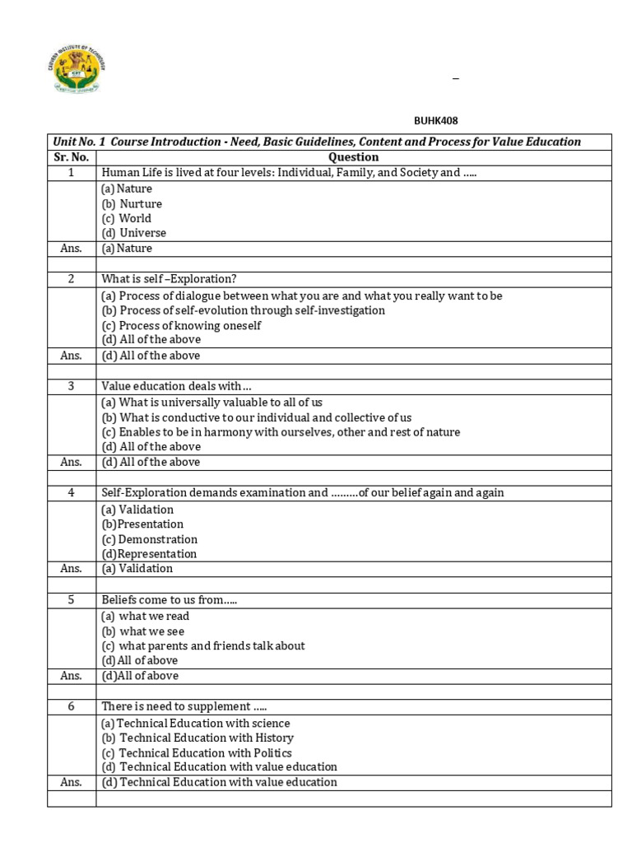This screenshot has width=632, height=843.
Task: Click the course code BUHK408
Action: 435,121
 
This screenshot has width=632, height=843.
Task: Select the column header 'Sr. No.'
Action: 71,157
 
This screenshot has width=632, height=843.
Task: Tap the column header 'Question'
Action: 353,157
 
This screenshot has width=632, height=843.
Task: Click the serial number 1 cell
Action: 71,173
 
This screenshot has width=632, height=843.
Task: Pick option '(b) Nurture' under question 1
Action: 132,203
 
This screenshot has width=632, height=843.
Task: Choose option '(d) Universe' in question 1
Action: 133,233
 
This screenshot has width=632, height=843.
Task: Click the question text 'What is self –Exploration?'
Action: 169,279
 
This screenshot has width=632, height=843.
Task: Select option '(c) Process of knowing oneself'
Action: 181,325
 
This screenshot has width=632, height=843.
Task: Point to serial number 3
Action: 71,386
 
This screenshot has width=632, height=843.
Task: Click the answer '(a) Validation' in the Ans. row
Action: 137,569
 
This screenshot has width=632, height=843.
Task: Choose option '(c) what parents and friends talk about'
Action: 202,646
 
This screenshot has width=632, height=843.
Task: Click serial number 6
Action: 71,706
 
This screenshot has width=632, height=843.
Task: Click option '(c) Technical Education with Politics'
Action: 197,752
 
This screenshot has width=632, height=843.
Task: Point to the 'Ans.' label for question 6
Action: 71,782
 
